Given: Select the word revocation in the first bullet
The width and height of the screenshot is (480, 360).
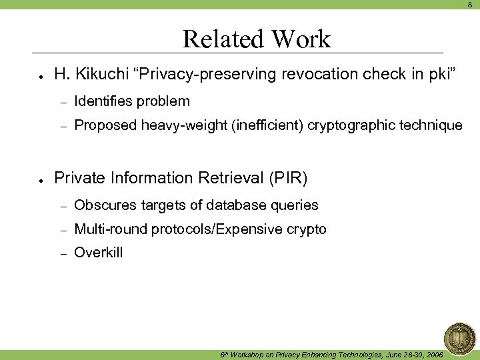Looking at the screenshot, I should click(321, 74).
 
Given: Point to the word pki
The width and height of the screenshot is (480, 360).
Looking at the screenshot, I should click(440, 74).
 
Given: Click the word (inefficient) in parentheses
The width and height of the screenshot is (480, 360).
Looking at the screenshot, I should click(267, 125).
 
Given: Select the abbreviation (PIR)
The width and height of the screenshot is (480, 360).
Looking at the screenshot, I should click(287, 178).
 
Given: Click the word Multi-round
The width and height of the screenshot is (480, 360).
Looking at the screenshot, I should click(111, 229).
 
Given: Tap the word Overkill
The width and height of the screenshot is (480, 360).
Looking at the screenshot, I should click(99, 253).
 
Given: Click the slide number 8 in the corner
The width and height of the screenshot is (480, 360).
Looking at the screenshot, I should click(469, 5).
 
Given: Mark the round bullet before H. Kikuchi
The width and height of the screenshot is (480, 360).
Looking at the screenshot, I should click(41, 75).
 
